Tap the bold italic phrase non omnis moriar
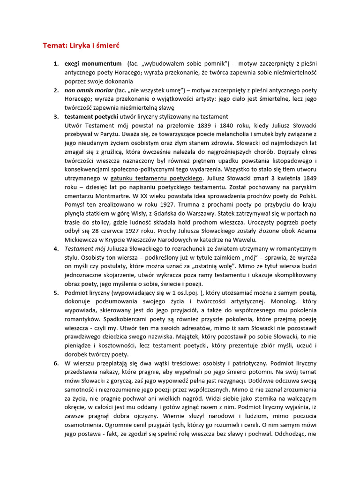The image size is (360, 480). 89,90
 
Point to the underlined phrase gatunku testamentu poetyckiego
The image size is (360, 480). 157,178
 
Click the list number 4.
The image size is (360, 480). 56,248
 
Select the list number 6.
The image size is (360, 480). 56,363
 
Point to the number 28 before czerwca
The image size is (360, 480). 101,231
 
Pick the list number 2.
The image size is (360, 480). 56,90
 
